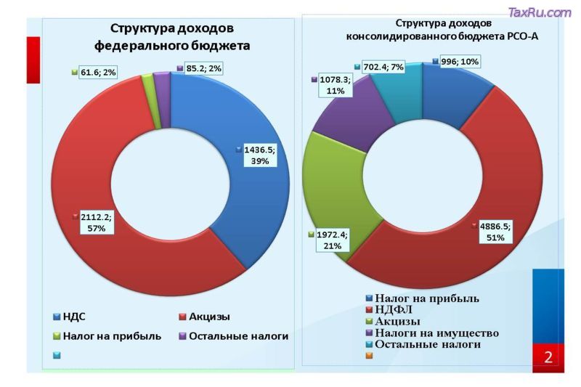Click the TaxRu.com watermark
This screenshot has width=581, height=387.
(x=540, y=12)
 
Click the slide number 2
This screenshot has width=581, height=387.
(x=548, y=357)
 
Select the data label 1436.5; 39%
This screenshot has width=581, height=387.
(x=259, y=155)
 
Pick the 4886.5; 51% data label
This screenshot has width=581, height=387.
(x=493, y=232)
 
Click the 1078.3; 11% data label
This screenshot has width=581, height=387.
(x=335, y=86)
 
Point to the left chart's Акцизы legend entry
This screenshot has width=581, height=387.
(x=209, y=317)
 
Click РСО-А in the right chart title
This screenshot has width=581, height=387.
(x=521, y=36)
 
